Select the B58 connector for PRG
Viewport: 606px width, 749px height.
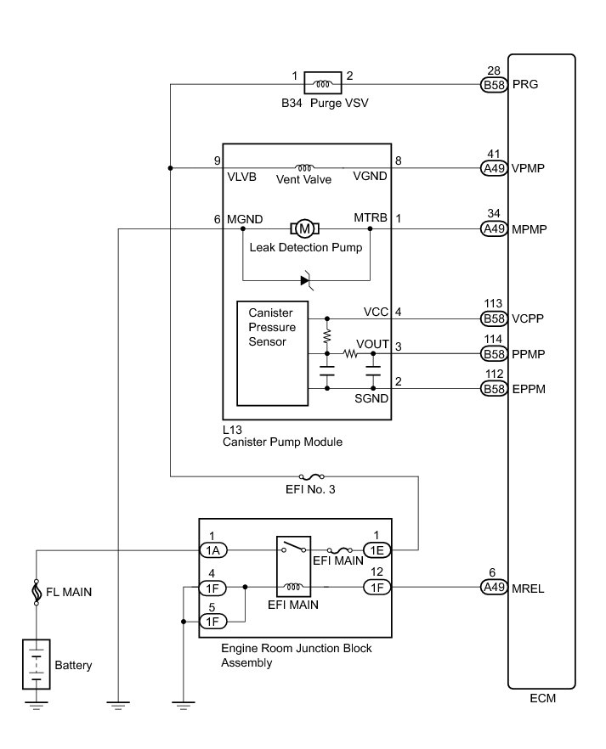(x=494, y=85)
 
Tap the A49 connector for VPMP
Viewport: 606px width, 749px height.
(x=494, y=168)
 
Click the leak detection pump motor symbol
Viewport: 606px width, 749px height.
(x=303, y=228)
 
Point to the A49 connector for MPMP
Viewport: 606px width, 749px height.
(x=494, y=229)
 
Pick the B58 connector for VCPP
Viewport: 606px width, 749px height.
(x=494, y=319)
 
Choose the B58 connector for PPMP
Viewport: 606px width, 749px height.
(x=494, y=353)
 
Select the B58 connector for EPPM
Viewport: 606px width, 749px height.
(x=494, y=389)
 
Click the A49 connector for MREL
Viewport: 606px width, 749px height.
(x=494, y=587)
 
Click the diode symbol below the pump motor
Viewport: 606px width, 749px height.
(x=307, y=279)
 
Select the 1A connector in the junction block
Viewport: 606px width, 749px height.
(x=212, y=550)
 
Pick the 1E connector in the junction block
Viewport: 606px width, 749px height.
(x=376, y=550)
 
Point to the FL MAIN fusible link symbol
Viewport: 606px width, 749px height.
(x=36, y=593)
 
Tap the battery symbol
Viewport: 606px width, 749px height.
(x=36, y=664)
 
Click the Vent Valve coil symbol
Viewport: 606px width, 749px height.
(x=303, y=167)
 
